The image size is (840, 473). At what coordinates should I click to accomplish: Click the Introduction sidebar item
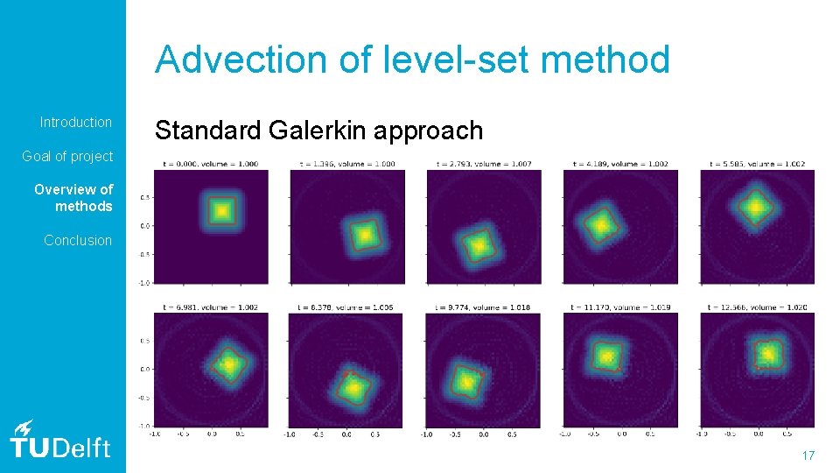click(x=76, y=122)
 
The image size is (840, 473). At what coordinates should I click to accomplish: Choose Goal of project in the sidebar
click(x=67, y=156)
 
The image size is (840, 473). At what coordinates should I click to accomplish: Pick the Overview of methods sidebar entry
click(x=73, y=198)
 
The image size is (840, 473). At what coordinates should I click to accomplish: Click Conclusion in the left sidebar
click(x=78, y=240)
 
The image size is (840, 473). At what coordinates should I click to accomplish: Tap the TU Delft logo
click(x=60, y=440)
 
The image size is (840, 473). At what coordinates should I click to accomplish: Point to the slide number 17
click(x=808, y=455)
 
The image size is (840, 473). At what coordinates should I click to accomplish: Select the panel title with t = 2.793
click(x=483, y=163)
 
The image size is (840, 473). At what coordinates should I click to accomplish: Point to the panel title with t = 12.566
click(x=757, y=307)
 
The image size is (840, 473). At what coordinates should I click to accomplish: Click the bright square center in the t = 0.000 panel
click(x=221, y=210)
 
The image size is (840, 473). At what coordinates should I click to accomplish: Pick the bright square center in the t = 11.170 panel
click(x=606, y=357)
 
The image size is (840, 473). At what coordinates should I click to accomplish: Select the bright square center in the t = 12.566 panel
click(x=767, y=353)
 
